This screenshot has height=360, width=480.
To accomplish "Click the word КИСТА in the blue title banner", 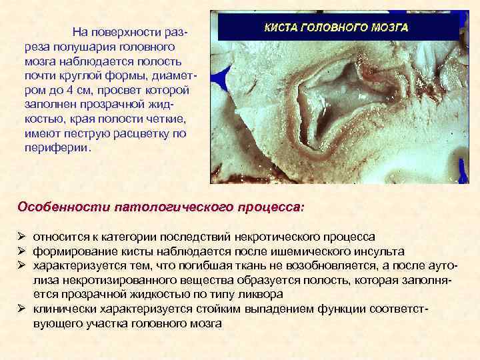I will [x=283, y=29].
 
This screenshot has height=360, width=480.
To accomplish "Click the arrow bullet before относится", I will [x=21, y=237].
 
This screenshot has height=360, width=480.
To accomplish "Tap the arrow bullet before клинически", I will [x=21, y=309].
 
